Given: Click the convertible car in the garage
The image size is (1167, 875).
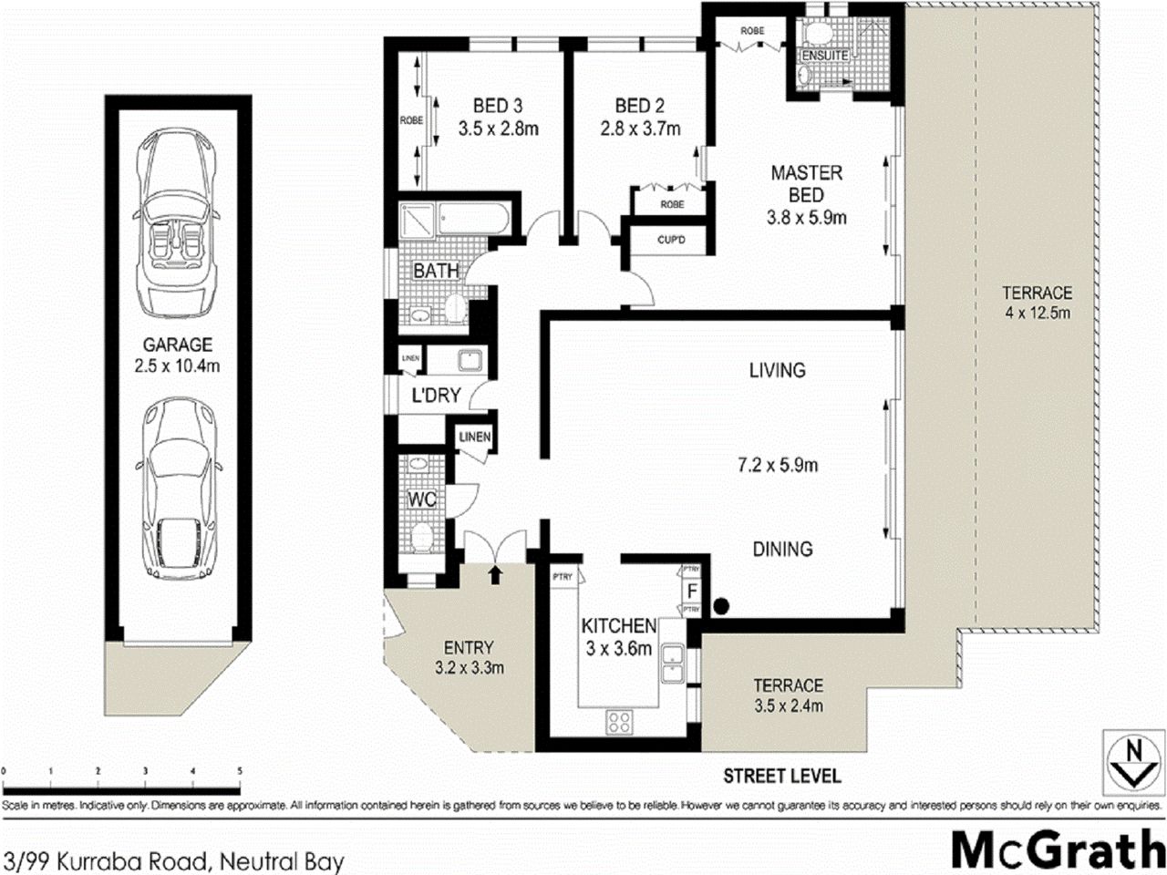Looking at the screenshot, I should pos(178,225).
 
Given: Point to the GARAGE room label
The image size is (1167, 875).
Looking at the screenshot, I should pos(177,345).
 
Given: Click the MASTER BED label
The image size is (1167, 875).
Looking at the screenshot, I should pos(806,183).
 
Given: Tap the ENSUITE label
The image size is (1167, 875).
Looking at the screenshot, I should pos(824,56).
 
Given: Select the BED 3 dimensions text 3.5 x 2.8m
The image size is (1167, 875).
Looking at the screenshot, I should pos(498,129).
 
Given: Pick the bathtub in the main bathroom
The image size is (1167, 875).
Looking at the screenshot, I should pos(474,221).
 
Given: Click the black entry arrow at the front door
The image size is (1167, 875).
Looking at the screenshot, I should pos(495,575).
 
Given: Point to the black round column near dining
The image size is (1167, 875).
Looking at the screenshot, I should pos(721,603).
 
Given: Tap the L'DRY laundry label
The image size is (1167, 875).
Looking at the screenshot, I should pos(436,396).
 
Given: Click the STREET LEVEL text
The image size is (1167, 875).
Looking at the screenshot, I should pos(781,777).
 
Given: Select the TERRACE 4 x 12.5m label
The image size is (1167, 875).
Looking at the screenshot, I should pos(1037,303).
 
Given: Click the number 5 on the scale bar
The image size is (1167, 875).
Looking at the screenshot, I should pos(240,771).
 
